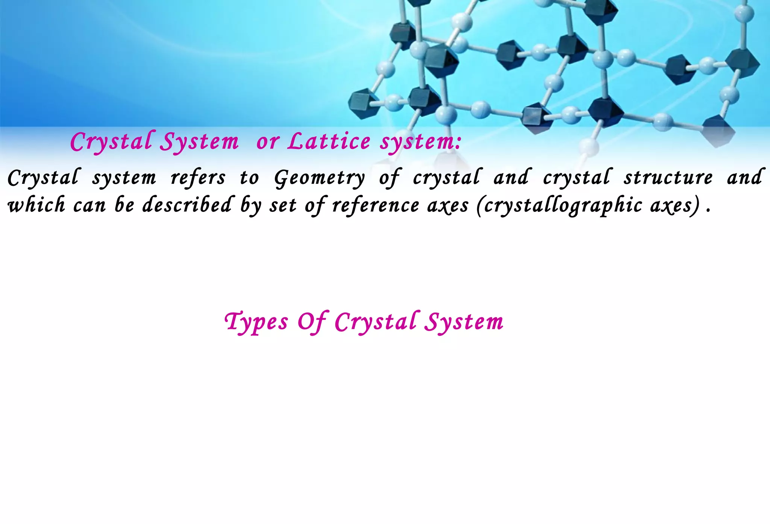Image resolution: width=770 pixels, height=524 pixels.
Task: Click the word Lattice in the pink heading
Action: (329, 141)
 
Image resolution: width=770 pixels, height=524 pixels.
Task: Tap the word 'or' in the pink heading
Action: (268, 142)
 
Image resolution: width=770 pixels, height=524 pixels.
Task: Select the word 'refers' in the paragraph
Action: (198, 178)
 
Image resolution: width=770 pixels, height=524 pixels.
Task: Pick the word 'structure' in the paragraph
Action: (668, 178)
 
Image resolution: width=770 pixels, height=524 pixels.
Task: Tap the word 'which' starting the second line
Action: (36, 205)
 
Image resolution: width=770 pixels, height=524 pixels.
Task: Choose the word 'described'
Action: (187, 205)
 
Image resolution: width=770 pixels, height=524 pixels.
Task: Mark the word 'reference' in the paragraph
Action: (376, 205)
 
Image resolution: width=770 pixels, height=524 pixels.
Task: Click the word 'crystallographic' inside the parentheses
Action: (563, 205)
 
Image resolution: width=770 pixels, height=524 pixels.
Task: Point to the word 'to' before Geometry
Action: (250, 178)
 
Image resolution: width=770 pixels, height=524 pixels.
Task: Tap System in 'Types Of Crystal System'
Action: (464, 322)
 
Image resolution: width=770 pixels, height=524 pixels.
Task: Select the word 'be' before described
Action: (124, 205)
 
